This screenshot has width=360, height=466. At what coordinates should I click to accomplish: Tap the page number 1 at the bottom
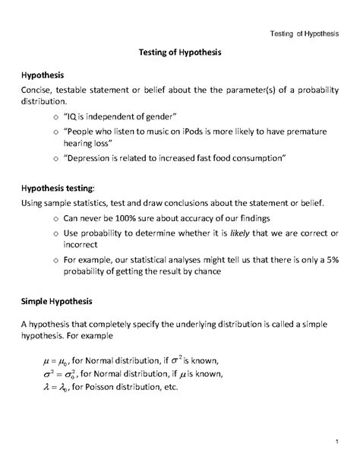coord(335,442)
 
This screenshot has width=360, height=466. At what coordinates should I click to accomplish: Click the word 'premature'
coord(305,131)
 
